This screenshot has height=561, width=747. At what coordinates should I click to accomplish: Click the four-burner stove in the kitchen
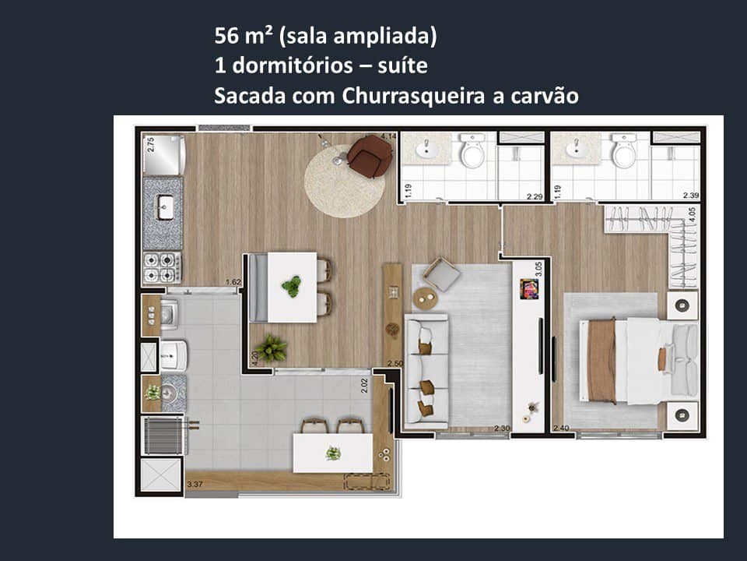pyautogui.click(x=162, y=267)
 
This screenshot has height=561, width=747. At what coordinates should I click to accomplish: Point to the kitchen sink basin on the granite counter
pyautogui.click(x=165, y=207)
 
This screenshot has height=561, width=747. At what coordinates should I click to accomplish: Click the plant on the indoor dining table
pyautogui.click(x=292, y=286)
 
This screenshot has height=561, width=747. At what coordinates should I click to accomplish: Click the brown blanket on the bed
pyautogui.click(x=601, y=361)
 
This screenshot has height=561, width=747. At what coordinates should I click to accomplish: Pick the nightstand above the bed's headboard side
pyautogui.click(x=682, y=305)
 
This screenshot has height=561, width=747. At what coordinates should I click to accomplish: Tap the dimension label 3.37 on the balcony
pyautogui.click(x=195, y=485)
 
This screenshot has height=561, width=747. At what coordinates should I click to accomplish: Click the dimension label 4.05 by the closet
pyautogui.click(x=692, y=215)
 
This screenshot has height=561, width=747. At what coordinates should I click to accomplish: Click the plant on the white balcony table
pyautogui.click(x=333, y=453)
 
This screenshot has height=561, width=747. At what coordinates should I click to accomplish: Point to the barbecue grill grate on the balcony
pyautogui.click(x=163, y=436)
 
